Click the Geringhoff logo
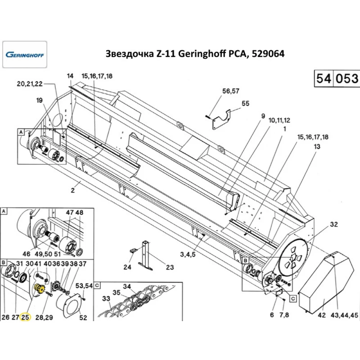24,55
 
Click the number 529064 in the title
267,54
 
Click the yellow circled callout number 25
25,317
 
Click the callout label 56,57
230,91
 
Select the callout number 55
246,104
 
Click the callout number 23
170,267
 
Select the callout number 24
127,267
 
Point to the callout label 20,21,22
30,84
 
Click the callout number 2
73,191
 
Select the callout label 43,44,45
345,315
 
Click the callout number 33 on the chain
106,298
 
